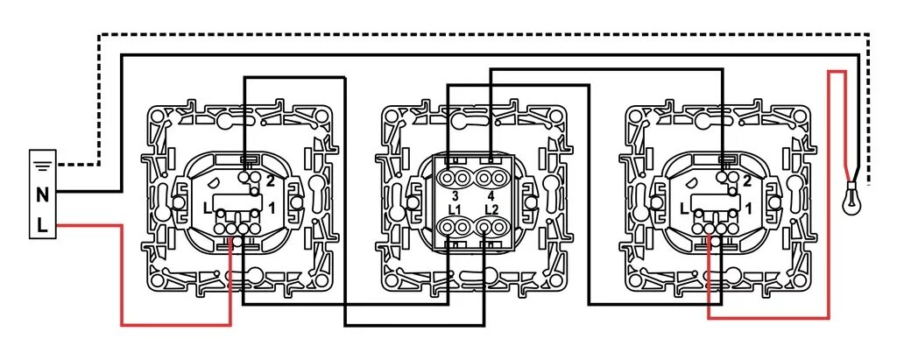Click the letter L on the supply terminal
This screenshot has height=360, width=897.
(42, 226)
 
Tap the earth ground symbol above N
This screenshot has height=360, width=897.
(42, 163)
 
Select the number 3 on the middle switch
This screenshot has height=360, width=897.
(456, 194)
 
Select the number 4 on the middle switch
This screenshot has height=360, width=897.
(491, 194)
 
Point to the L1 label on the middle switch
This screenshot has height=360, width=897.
(455, 210)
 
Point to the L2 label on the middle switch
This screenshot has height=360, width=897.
(491, 210)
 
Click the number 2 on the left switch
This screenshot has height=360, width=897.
(271, 181)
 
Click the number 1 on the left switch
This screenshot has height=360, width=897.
(272, 206)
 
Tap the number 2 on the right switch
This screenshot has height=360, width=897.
(746, 181)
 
